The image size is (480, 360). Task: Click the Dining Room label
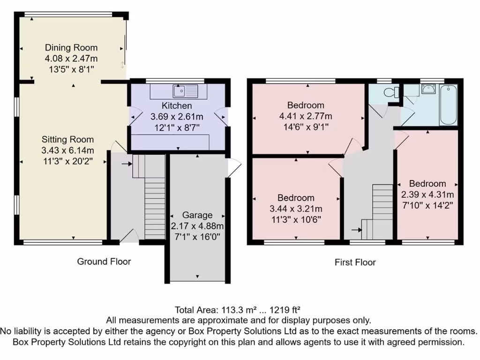point(71,47)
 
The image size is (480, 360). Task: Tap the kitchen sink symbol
point(180,90)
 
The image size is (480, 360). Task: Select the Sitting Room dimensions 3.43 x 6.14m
point(67,150)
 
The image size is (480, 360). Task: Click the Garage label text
point(197,215)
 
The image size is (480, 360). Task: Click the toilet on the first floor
point(390,93)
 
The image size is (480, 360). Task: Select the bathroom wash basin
point(427,89)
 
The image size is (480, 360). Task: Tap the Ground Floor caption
point(104,262)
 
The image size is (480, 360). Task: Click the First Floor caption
point(355,262)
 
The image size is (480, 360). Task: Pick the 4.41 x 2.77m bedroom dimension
point(306,116)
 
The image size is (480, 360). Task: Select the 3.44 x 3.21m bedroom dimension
point(296,209)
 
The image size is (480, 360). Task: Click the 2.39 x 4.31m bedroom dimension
point(427,194)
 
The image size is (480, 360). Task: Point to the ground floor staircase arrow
point(126,164)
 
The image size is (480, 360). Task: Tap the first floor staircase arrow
point(356,230)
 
